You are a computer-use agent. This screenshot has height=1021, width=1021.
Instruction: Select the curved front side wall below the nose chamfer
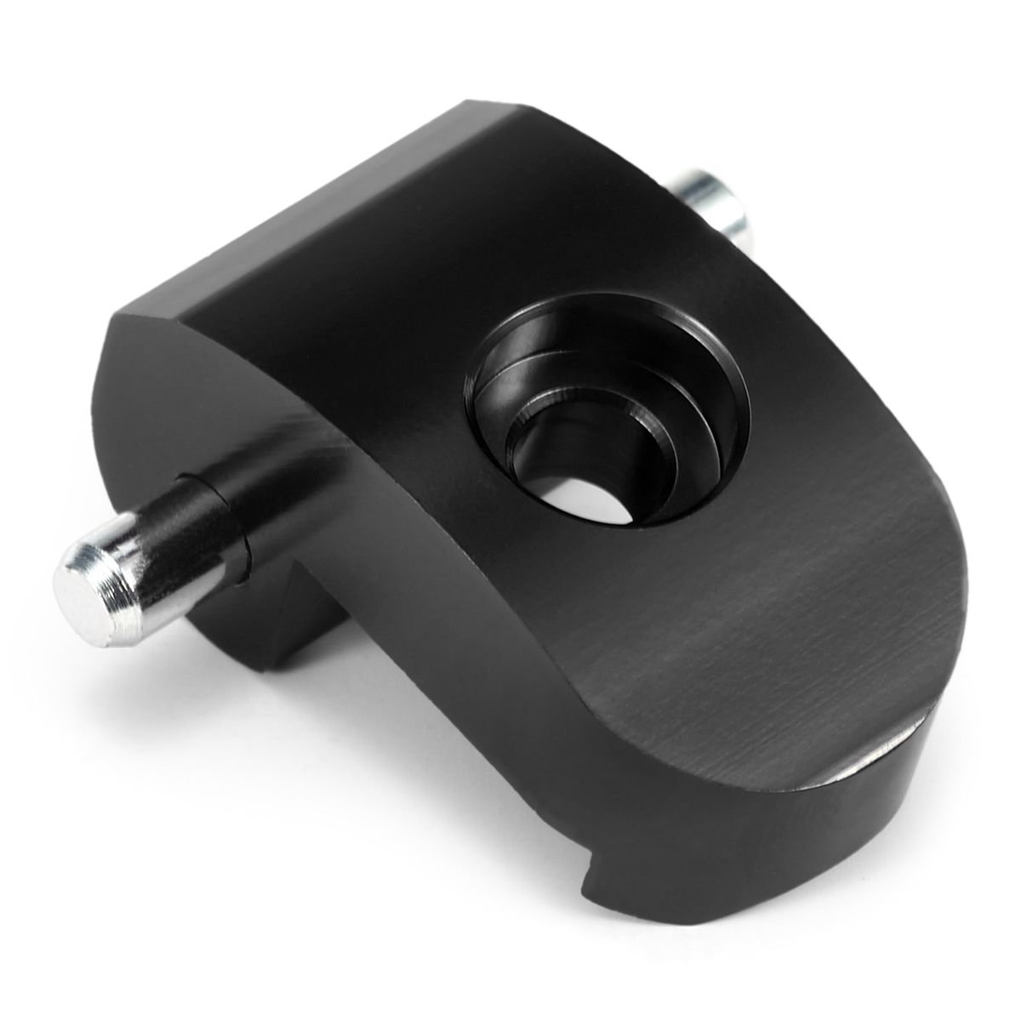808,851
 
